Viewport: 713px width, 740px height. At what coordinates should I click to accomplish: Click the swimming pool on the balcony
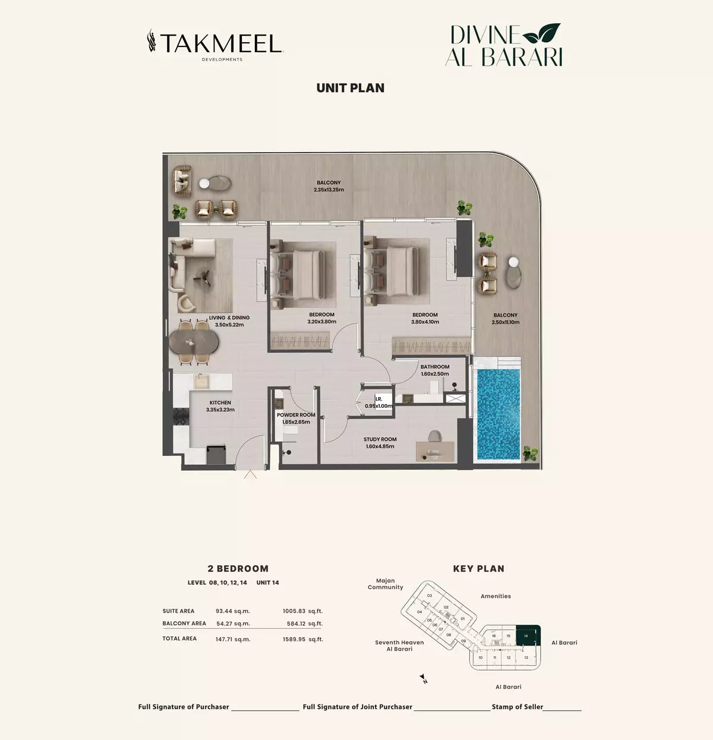click(499, 414)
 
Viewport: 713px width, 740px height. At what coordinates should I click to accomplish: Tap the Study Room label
click(380, 439)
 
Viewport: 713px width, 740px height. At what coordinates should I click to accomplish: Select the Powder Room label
click(296, 415)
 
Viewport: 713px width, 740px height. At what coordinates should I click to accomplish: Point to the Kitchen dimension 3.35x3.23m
click(220, 410)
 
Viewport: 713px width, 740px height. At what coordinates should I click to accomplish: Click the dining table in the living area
click(194, 342)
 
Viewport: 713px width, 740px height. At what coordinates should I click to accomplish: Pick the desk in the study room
click(435, 451)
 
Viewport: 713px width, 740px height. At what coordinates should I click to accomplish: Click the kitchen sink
click(202, 382)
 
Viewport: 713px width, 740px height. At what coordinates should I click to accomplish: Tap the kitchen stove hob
click(181, 417)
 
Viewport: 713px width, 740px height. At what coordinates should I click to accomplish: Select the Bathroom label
click(435, 367)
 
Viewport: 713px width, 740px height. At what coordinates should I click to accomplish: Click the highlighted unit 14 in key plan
click(528, 636)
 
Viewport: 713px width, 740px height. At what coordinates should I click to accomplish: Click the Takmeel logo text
click(221, 43)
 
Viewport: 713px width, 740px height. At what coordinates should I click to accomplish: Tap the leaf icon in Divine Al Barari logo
click(541, 33)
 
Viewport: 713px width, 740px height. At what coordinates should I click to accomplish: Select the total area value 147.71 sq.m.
click(233, 640)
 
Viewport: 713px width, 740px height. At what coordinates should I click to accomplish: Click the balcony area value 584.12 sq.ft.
click(305, 624)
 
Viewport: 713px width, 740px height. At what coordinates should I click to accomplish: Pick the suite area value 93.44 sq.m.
click(232, 611)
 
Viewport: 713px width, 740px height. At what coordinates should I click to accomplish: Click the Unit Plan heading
click(351, 88)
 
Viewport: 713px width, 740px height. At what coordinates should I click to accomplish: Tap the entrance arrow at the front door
click(250, 474)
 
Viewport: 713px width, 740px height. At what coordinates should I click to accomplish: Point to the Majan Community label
click(386, 584)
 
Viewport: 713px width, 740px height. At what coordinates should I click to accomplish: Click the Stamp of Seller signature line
click(562, 710)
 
